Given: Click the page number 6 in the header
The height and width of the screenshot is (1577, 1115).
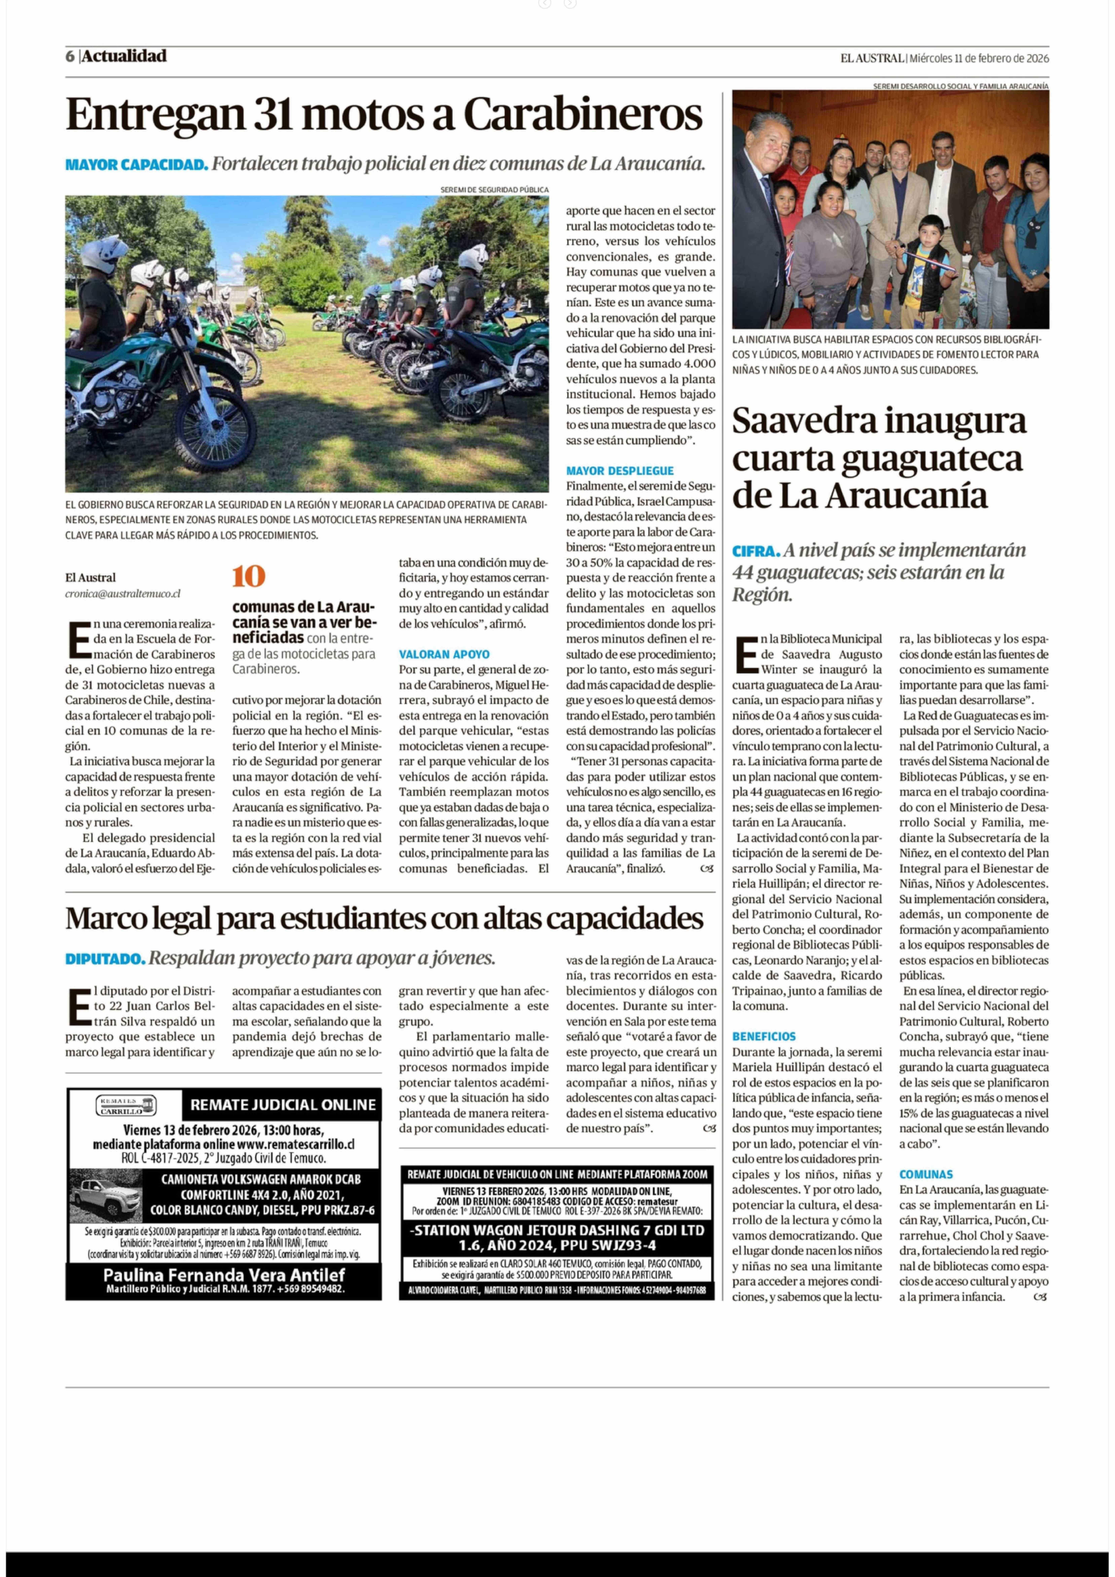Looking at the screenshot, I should coord(70,56).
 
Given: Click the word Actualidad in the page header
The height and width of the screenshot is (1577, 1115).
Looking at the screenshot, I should coord(124,56).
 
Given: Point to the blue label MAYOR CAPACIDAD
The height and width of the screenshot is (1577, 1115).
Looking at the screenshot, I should coord(137,165).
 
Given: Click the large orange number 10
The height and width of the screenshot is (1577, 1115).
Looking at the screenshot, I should coord(249,576).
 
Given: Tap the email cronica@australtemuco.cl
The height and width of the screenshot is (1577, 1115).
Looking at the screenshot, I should coord(123,593).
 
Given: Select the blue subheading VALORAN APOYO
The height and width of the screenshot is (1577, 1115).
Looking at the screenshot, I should coord(444,655).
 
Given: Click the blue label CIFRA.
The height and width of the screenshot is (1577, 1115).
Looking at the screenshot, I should coord(756,551).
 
